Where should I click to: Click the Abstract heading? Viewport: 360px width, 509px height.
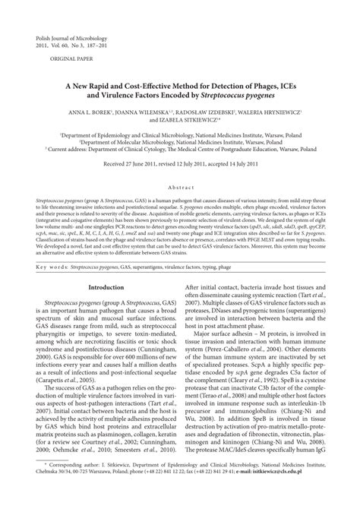click(x=180, y=185)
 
